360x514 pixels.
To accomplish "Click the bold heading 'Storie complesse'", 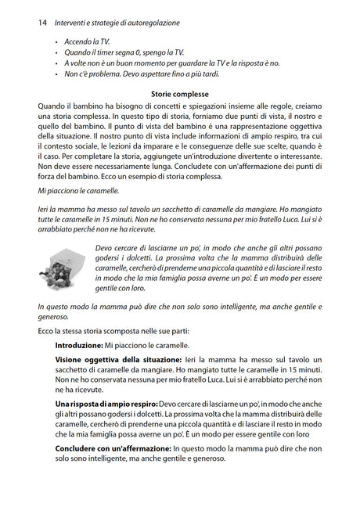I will coord(179,95).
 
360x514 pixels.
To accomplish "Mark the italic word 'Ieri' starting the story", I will coord(45,209).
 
